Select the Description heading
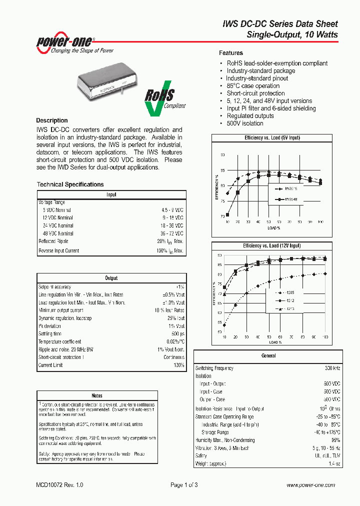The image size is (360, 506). tap(52, 120)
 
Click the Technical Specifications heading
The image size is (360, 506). tap(70, 184)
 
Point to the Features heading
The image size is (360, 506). tap(231, 53)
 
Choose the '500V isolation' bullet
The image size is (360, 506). tap(245, 123)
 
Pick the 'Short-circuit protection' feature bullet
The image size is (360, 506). tap(255, 93)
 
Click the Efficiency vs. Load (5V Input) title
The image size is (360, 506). tap(272, 137)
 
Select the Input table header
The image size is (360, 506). tap(111, 194)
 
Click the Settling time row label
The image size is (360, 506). tap(50, 334)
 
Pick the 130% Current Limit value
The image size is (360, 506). tap(178, 365)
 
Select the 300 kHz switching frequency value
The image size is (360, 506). tap(332, 368)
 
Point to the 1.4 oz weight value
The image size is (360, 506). tap(334, 464)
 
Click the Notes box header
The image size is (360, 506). tap(97, 395)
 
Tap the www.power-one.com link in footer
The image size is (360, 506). tap(310, 485)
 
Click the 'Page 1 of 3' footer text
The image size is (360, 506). tap(184, 485)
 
